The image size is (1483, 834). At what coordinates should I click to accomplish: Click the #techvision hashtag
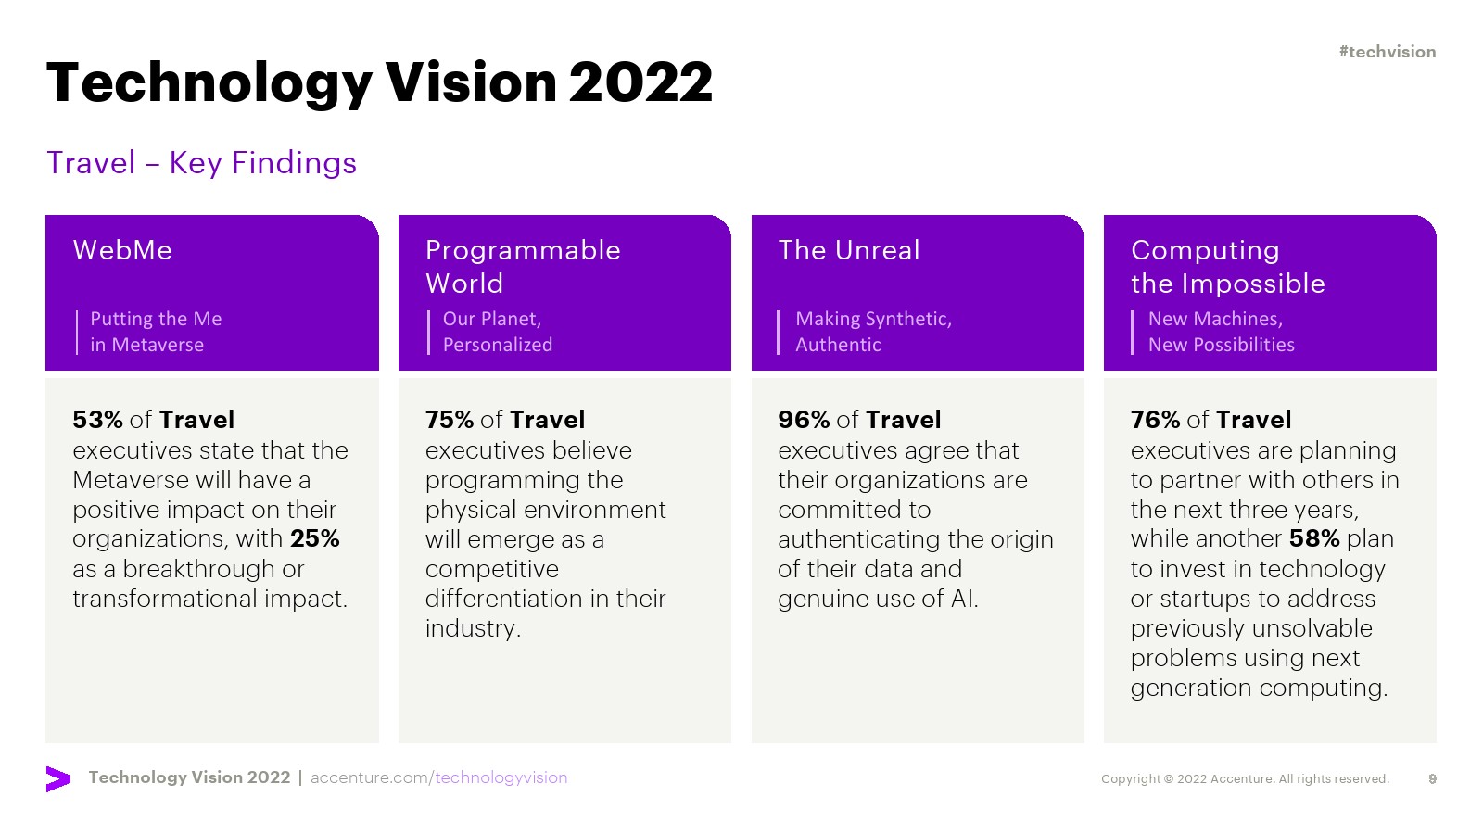[x=1387, y=52]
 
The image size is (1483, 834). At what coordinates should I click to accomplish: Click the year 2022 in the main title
[x=640, y=82]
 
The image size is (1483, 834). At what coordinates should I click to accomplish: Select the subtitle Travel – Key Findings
[x=201, y=163]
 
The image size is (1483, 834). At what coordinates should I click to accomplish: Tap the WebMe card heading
[x=122, y=250]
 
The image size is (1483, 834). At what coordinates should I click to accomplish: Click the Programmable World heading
[x=523, y=267]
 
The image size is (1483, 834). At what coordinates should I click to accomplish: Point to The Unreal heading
[x=849, y=250]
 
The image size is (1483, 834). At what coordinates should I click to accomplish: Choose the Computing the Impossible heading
[x=1227, y=267]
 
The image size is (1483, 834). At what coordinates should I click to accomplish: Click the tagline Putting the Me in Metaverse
[x=156, y=332]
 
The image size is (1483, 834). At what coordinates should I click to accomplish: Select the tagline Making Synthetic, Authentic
[x=873, y=332]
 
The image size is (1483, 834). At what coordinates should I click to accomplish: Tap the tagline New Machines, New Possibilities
[x=1221, y=332]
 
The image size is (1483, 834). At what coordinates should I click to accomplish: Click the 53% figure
[x=97, y=420]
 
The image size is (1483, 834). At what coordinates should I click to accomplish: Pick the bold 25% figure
[x=314, y=538]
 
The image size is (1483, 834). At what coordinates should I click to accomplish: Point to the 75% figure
[x=450, y=420]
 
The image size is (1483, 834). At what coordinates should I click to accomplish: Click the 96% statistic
[x=804, y=420]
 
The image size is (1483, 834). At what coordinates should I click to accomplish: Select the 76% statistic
[x=1155, y=420]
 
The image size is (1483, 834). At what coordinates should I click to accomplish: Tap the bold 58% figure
[x=1314, y=538]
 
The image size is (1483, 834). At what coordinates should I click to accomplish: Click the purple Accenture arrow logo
[x=58, y=779]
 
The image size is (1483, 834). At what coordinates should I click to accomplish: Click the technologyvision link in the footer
[x=501, y=777]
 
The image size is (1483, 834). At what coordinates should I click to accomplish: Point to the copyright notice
[x=1246, y=779]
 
